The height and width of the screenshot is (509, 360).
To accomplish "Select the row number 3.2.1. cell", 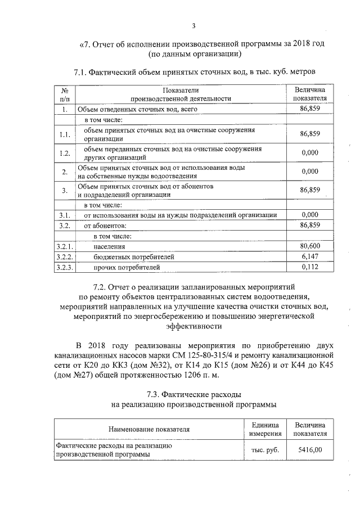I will (x=65, y=246).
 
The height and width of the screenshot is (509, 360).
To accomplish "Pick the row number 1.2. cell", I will (x=65, y=153).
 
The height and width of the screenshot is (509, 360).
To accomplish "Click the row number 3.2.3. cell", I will (x=65, y=267).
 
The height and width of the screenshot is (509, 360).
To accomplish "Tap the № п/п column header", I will (x=65, y=94).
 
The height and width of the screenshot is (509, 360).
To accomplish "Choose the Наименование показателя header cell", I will (x=149, y=429).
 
